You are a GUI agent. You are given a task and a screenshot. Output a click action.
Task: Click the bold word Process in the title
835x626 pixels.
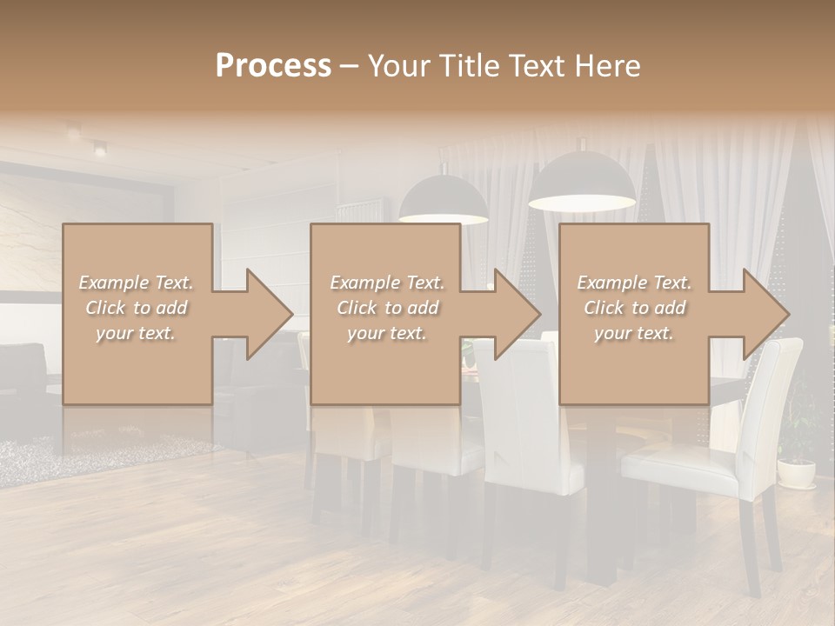pos(273,66)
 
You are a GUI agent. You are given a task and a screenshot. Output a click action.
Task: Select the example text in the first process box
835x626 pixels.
pos(137,308)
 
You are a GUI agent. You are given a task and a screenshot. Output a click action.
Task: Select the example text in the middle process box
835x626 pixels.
pos(386,308)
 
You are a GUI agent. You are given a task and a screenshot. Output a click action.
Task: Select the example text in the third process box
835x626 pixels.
pos(634,308)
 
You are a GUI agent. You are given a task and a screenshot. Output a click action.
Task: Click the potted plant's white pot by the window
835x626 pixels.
pos(796,474)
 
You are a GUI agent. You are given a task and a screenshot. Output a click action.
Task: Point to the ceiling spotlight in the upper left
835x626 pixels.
pos(99,149)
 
